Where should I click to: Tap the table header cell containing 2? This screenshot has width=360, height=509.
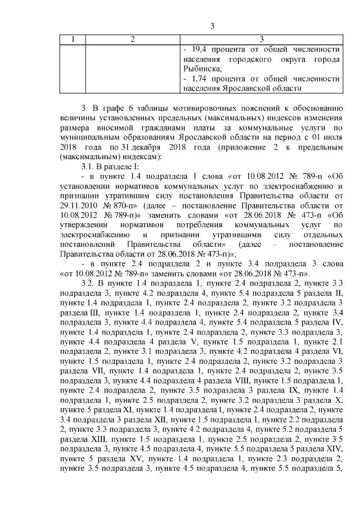[132, 39]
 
